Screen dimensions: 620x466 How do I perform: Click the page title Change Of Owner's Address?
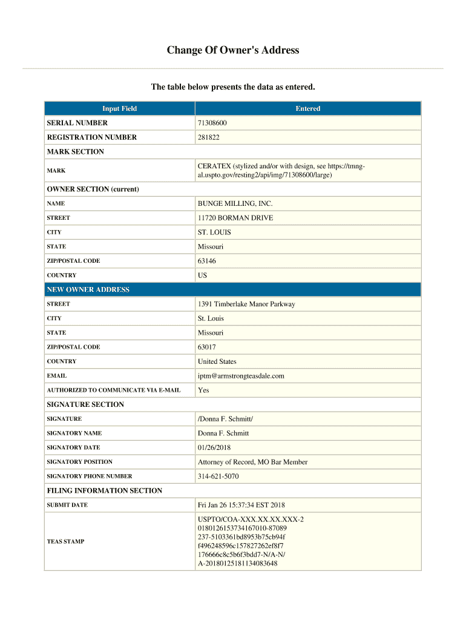[x=233, y=50]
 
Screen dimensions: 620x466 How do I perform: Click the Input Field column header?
[x=119, y=108]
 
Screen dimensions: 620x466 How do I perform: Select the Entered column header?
[x=307, y=108]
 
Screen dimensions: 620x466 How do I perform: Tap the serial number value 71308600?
[x=212, y=123]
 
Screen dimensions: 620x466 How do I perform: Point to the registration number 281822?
[x=209, y=137]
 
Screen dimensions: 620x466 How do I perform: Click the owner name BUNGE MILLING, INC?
[x=231, y=203]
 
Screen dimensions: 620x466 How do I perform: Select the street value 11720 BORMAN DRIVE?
[x=235, y=218]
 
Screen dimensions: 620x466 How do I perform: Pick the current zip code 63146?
[x=206, y=261]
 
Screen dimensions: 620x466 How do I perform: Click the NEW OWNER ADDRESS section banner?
[x=88, y=289]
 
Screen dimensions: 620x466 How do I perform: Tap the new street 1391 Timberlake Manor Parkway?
[x=246, y=304]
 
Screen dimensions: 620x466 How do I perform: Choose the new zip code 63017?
[x=206, y=347]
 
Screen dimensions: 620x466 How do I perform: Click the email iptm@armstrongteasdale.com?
[x=241, y=376]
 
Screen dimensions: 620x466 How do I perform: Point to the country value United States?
[x=217, y=361]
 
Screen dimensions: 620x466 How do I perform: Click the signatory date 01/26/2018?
[x=214, y=447]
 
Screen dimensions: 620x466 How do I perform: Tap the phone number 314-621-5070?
[x=218, y=477]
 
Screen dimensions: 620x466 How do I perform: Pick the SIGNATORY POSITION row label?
[x=79, y=462]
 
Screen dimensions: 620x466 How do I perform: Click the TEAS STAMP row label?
[x=65, y=541]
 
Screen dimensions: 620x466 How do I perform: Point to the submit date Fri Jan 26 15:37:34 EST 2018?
[x=241, y=505]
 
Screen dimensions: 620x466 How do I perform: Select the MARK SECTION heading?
[x=76, y=152]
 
